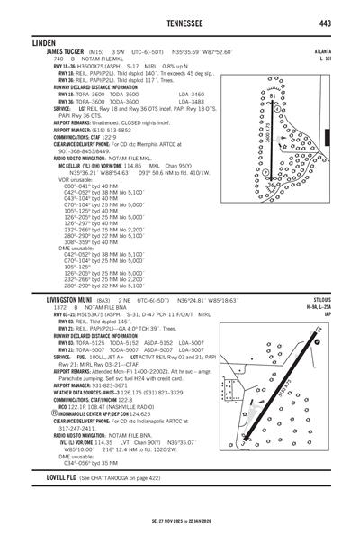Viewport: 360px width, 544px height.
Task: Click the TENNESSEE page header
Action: [x=179, y=23]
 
